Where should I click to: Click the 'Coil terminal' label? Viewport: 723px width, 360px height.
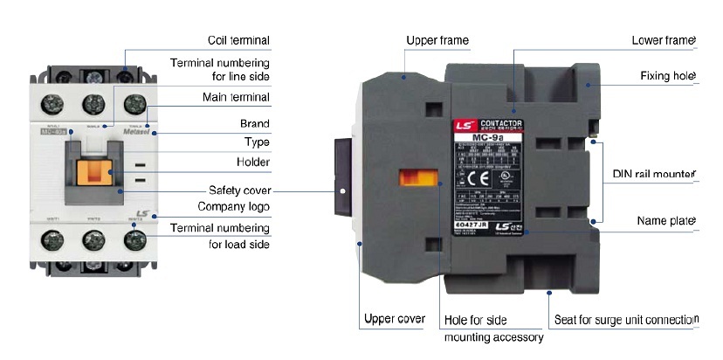[238, 40]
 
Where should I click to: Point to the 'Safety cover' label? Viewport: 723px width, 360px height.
[239, 190]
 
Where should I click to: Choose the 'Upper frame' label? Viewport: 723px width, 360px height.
[437, 40]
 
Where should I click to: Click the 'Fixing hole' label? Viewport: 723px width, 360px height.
[667, 76]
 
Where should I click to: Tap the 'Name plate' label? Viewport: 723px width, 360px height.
[668, 223]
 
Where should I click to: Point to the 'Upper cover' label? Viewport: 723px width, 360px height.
[394, 319]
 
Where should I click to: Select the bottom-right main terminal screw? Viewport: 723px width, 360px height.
[134, 238]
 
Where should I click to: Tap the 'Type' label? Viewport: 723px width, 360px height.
[256, 142]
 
